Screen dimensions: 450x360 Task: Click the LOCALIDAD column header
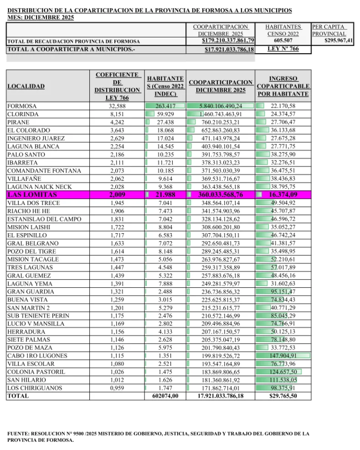point(25,86)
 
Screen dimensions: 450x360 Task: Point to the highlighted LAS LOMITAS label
point(32,195)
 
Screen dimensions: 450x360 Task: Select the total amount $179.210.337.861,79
point(228,41)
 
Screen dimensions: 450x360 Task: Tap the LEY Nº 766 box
point(283,49)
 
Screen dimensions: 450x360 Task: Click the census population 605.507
point(283,41)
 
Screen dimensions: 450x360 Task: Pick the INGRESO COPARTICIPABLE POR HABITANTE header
point(283,86)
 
